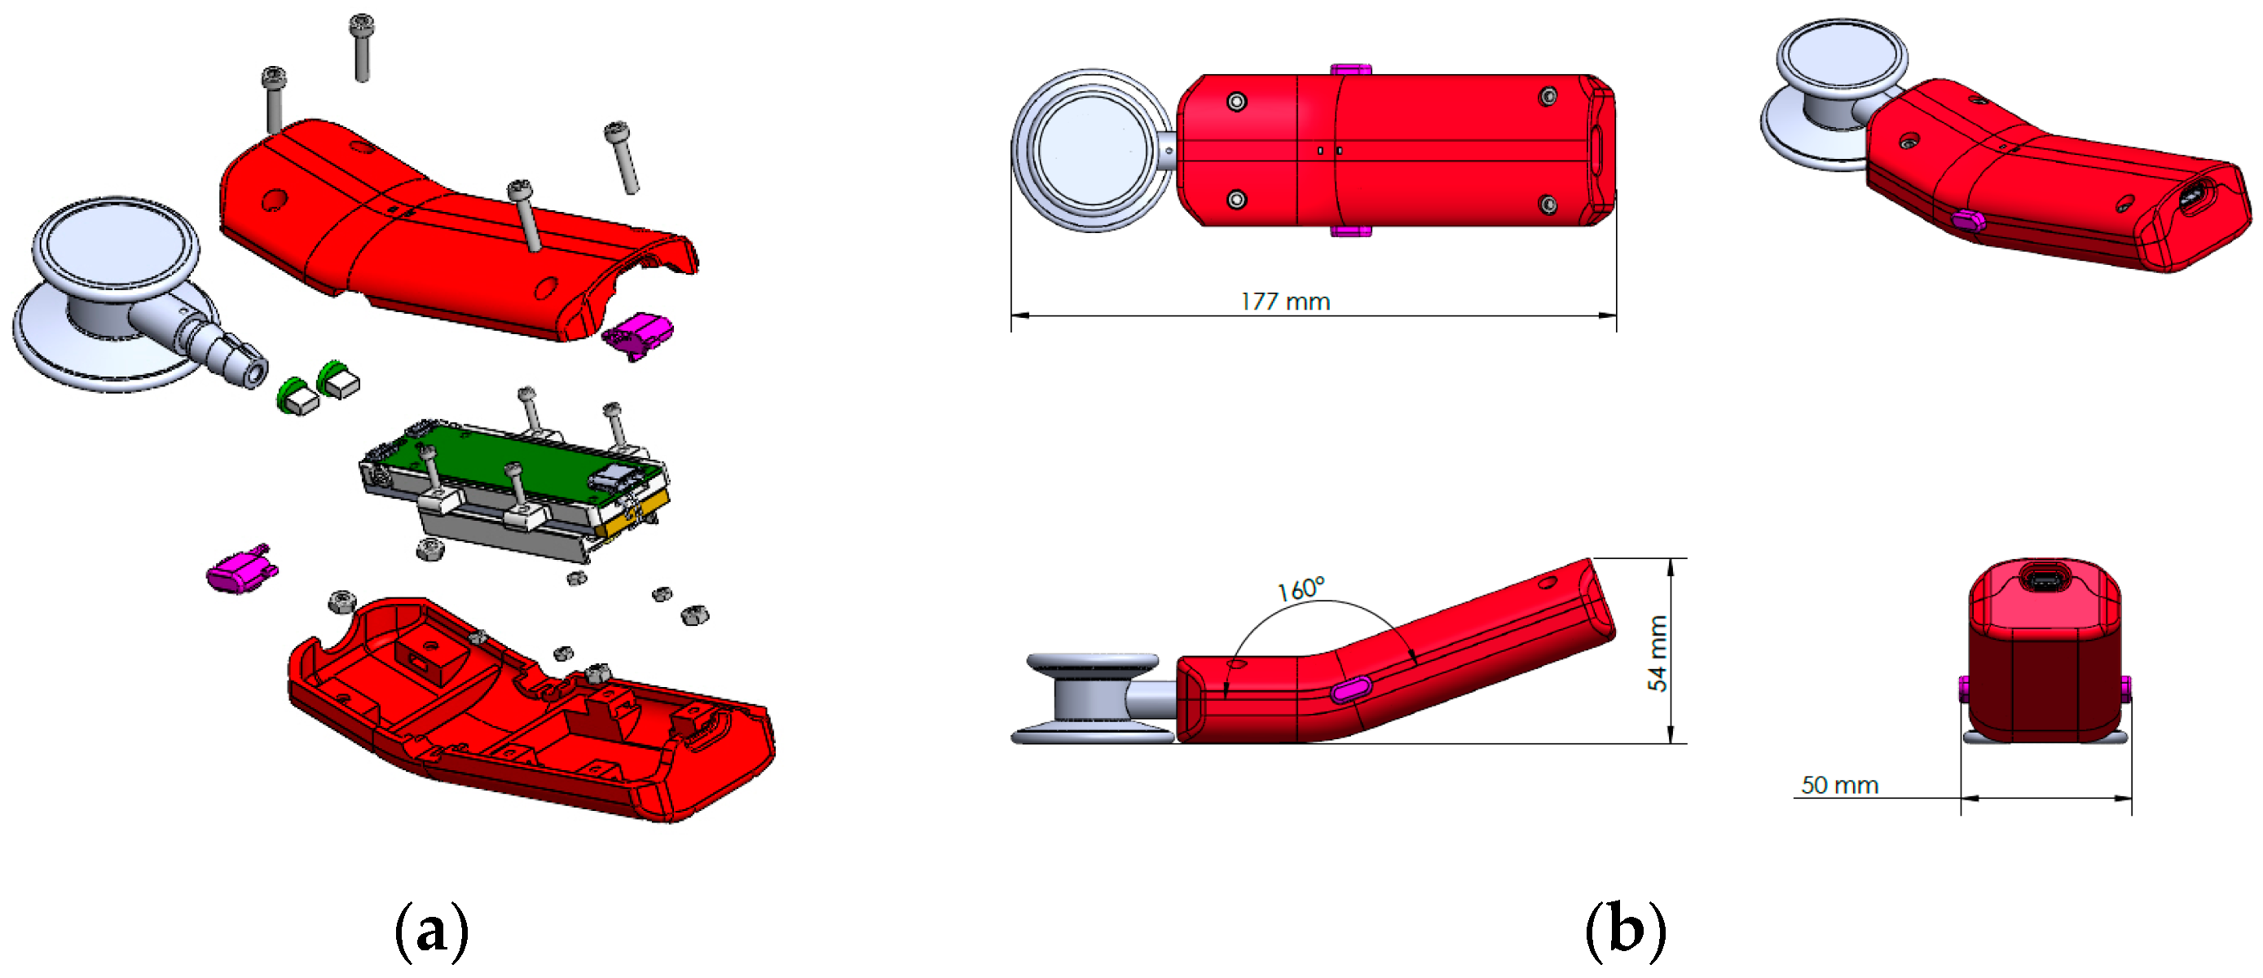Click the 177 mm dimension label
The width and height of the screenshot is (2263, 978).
click(1284, 302)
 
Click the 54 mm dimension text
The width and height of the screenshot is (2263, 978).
click(1657, 653)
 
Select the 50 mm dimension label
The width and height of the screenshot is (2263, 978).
click(1838, 785)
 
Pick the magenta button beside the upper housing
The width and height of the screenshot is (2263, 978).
click(640, 334)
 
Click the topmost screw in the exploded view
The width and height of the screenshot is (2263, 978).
click(361, 44)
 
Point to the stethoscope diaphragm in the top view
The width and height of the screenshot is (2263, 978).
click(1093, 151)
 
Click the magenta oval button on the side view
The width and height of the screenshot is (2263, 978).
click(1350, 689)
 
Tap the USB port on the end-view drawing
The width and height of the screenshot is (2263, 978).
click(2045, 579)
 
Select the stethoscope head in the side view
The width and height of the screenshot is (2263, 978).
click(1092, 698)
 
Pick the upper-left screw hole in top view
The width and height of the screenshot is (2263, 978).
click(1236, 102)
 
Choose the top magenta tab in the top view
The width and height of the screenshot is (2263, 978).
click(1350, 68)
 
